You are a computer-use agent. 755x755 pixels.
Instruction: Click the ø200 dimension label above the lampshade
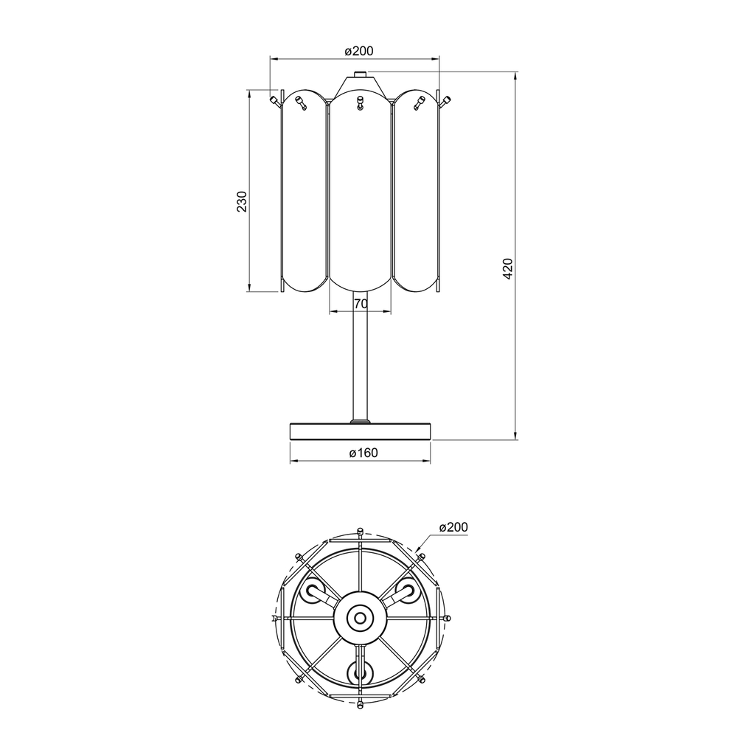[359, 51]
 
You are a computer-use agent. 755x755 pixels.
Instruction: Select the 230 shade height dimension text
[242, 201]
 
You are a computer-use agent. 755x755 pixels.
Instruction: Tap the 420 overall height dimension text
[508, 268]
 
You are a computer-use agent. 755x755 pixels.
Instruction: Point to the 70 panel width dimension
[361, 304]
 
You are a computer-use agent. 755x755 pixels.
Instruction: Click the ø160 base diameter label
[363, 453]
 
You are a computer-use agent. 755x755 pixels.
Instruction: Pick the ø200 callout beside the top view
[453, 527]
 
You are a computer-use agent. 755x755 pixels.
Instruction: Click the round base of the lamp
[360, 431]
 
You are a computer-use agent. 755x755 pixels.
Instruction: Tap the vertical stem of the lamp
[360, 356]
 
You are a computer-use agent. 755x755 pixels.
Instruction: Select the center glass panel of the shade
[360, 192]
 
